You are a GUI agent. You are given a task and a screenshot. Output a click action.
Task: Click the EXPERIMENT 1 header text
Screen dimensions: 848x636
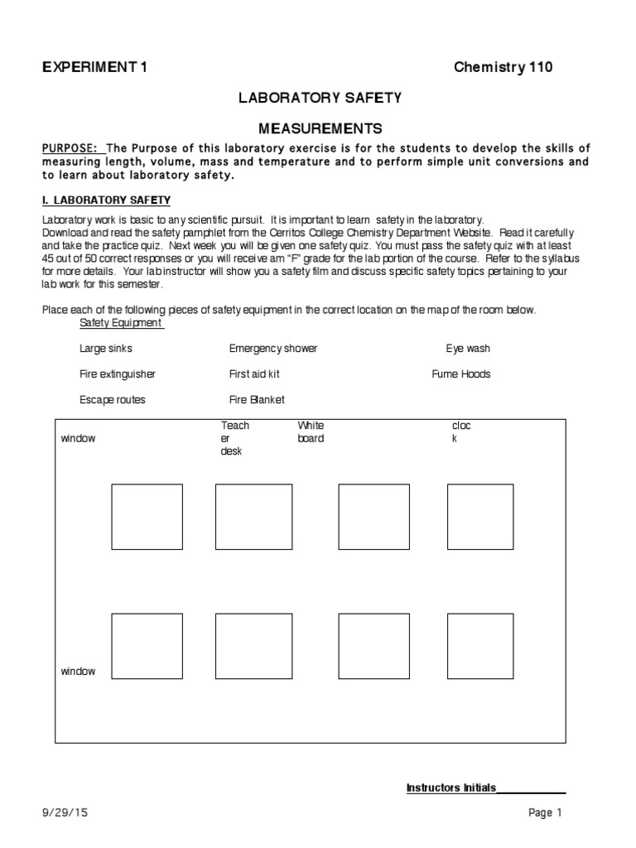pyautogui.click(x=95, y=67)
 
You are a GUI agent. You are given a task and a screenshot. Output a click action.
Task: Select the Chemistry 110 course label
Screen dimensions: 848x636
pyautogui.click(x=503, y=67)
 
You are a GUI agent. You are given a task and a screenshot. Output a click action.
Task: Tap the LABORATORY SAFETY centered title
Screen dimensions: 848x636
pyautogui.click(x=320, y=98)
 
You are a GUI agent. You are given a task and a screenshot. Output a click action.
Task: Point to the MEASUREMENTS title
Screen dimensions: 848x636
pyautogui.click(x=320, y=128)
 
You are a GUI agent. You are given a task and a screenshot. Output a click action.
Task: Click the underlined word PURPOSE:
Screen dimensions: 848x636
pyautogui.click(x=70, y=147)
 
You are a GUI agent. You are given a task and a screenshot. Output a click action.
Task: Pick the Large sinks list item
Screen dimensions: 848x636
pyautogui.click(x=106, y=349)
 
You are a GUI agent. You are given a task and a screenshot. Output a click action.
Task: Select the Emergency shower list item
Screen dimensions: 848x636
pyautogui.click(x=273, y=349)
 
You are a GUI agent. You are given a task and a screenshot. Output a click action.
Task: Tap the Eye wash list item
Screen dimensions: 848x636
pyautogui.click(x=468, y=349)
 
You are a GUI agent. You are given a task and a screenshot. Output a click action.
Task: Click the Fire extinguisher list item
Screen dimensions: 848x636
pyautogui.click(x=118, y=374)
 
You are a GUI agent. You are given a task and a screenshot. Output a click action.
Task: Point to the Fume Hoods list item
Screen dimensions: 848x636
pyautogui.click(x=461, y=374)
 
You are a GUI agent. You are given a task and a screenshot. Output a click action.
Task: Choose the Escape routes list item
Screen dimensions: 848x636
pyautogui.click(x=113, y=400)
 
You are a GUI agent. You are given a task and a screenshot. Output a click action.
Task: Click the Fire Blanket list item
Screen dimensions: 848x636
pyautogui.click(x=257, y=400)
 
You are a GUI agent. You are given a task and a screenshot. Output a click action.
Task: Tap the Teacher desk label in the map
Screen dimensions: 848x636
pyautogui.click(x=234, y=438)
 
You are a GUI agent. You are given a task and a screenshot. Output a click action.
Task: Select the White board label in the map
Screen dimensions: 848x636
pyautogui.click(x=311, y=431)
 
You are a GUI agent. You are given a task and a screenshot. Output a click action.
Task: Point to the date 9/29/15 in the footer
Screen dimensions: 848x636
pyautogui.click(x=63, y=813)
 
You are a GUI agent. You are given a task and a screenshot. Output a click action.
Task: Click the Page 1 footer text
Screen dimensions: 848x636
pyautogui.click(x=546, y=813)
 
